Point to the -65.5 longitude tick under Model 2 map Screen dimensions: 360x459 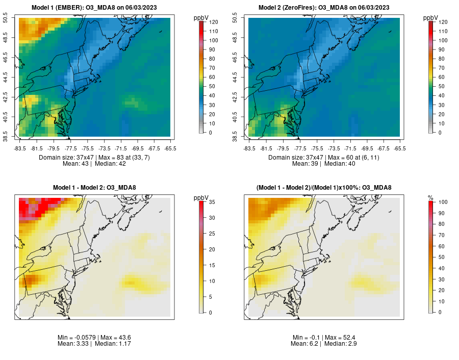point(400,148)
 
